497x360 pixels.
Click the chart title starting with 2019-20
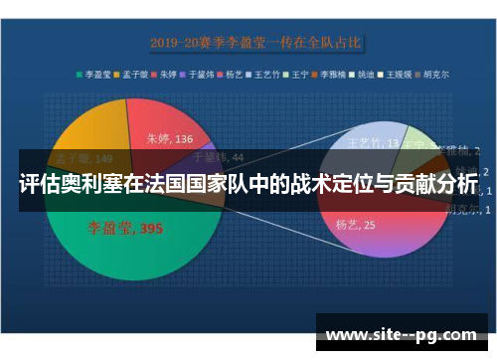click(x=255, y=43)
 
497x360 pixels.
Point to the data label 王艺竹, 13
click(x=373, y=144)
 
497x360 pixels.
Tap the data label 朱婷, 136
click(x=169, y=139)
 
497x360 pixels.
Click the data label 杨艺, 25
click(x=355, y=226)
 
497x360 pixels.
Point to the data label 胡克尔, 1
click(x=463, y=210)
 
